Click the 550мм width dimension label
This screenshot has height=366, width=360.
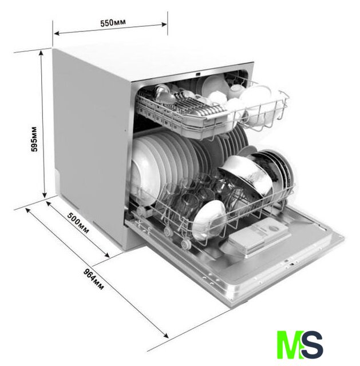(x=113, y=23)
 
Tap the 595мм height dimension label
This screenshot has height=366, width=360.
(x=34, y=140)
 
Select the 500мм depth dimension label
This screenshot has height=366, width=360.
(x=78, y=223)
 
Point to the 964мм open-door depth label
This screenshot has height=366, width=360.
(x=93, y=279)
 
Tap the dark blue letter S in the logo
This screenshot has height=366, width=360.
(x=312, y=344)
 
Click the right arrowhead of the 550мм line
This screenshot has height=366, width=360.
(x=164, y=24)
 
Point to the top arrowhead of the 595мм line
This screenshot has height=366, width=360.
(x=41, y=53)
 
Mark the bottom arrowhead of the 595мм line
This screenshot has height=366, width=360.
(x=45, y=194)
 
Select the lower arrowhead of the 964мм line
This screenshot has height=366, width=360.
(x=165, y=335)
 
